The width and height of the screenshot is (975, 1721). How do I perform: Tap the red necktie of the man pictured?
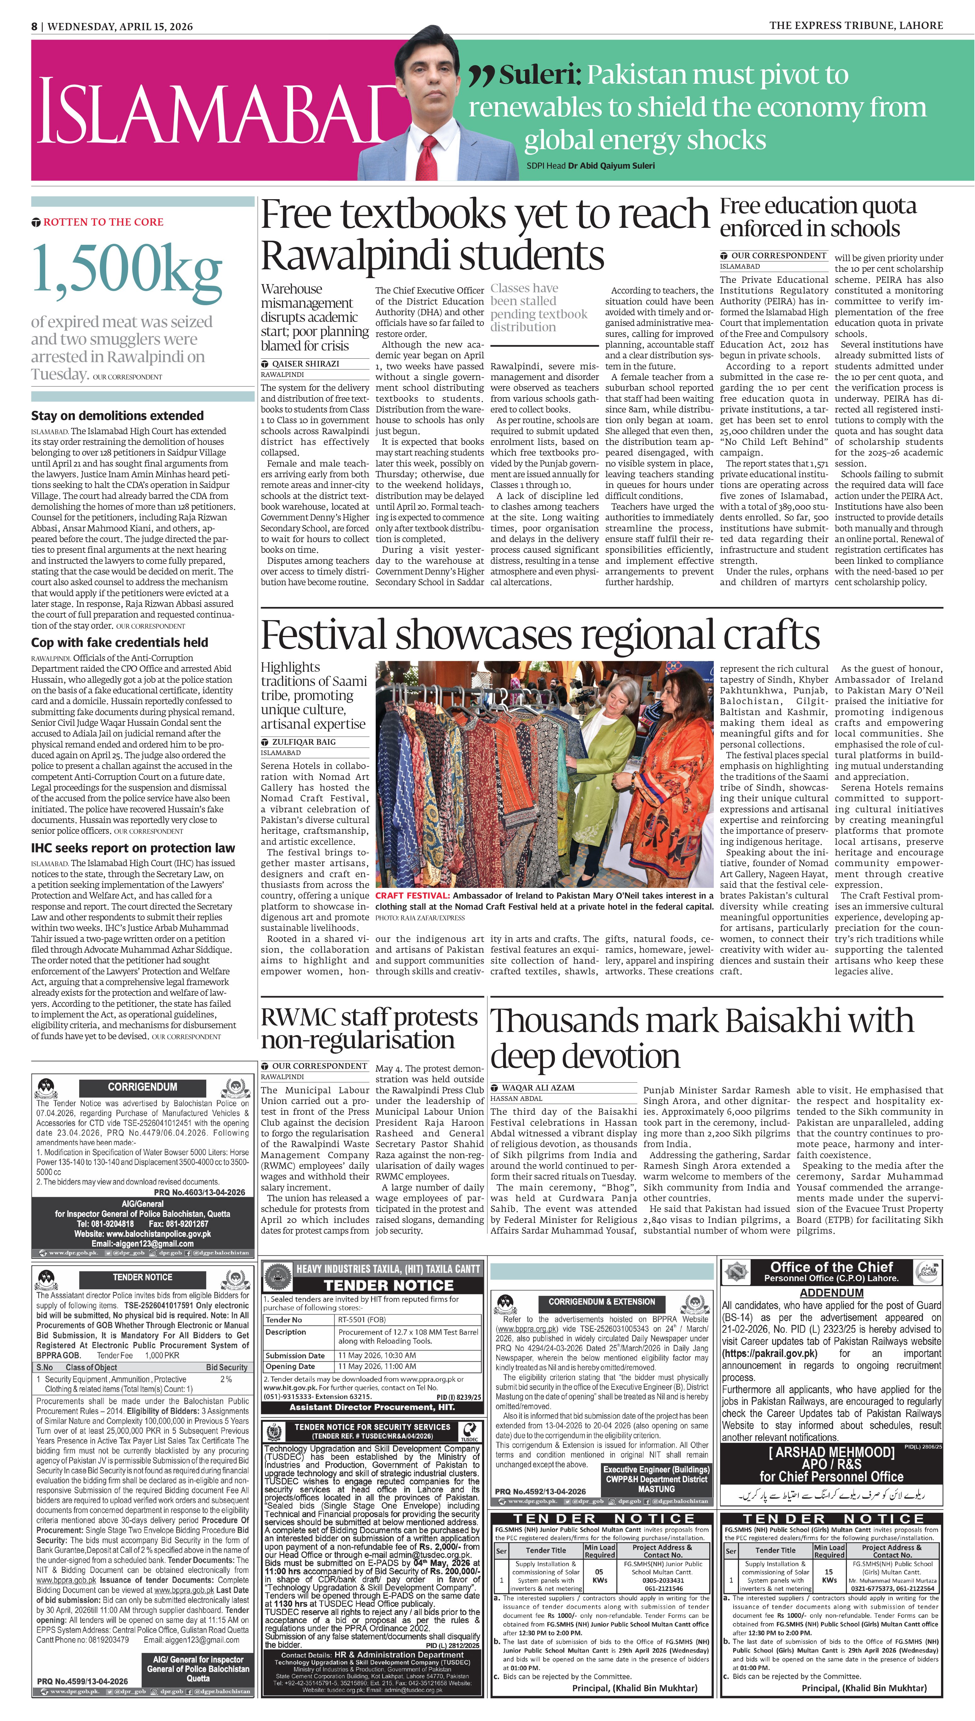[427, 157]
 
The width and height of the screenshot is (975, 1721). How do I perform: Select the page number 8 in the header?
[34, 26]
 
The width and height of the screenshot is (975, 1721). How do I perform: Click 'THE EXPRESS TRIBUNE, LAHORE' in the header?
[856, 25]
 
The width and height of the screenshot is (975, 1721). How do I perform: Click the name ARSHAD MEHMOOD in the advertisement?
[832, 1452]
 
